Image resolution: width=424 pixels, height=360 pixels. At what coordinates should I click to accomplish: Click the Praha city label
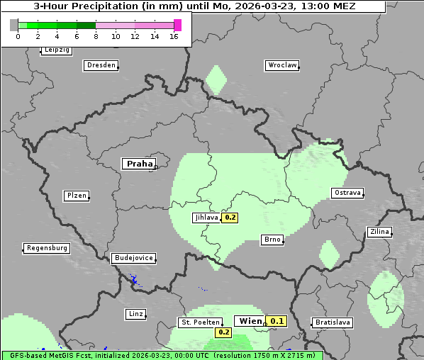139,164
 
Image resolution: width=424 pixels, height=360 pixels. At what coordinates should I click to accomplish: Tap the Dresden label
101,65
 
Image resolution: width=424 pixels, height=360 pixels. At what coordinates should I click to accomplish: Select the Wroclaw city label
281,65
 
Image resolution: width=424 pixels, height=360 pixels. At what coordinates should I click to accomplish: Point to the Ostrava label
347,193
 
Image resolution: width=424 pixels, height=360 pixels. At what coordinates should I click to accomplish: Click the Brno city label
272,240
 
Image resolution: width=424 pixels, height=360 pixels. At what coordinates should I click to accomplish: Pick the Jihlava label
206,218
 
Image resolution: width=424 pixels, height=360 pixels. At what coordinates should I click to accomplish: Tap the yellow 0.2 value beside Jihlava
230,218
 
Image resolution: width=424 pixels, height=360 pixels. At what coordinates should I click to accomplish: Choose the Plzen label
77,196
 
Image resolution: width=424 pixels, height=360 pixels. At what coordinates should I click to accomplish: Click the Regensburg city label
47,248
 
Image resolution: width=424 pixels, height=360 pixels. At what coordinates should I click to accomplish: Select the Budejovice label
133,259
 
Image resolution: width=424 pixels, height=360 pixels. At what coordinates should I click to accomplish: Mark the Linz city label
135,314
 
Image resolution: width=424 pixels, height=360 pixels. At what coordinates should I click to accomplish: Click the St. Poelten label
199,322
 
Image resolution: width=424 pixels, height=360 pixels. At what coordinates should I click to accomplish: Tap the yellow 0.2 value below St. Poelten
224,332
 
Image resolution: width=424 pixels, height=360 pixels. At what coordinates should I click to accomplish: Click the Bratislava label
333,322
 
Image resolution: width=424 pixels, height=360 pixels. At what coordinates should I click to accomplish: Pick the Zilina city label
379,232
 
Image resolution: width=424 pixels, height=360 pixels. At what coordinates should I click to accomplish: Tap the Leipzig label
57,50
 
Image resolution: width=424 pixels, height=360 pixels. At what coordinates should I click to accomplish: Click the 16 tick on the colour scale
174,37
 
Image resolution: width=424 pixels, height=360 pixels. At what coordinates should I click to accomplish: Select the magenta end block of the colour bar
177,25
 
